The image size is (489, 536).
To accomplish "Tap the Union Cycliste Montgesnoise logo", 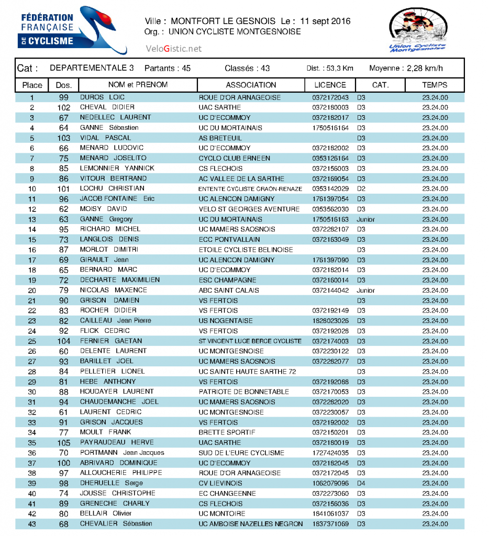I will click(417, 31).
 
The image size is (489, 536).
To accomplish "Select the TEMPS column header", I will click(435, 85).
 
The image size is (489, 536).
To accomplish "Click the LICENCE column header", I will click(330, 85).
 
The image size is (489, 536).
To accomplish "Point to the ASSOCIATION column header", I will click(251, 85).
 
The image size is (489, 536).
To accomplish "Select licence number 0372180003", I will click(330, 108).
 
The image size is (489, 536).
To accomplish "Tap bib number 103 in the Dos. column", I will click(64, 138).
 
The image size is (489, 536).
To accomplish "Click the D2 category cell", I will click(361, 189).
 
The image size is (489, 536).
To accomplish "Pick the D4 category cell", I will click(361, 483).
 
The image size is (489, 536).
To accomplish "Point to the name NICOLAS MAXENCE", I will click(114, 290).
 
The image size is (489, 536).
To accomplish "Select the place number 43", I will click(32, 524).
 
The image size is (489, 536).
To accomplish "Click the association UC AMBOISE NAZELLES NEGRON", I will click(251, 524).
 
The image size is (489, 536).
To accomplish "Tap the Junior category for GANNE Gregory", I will click(365, 219).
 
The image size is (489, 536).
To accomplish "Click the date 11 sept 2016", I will click(325, 21).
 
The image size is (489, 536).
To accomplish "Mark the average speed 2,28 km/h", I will click(425, 69).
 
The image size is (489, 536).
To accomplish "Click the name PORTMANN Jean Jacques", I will click(122, 453).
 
